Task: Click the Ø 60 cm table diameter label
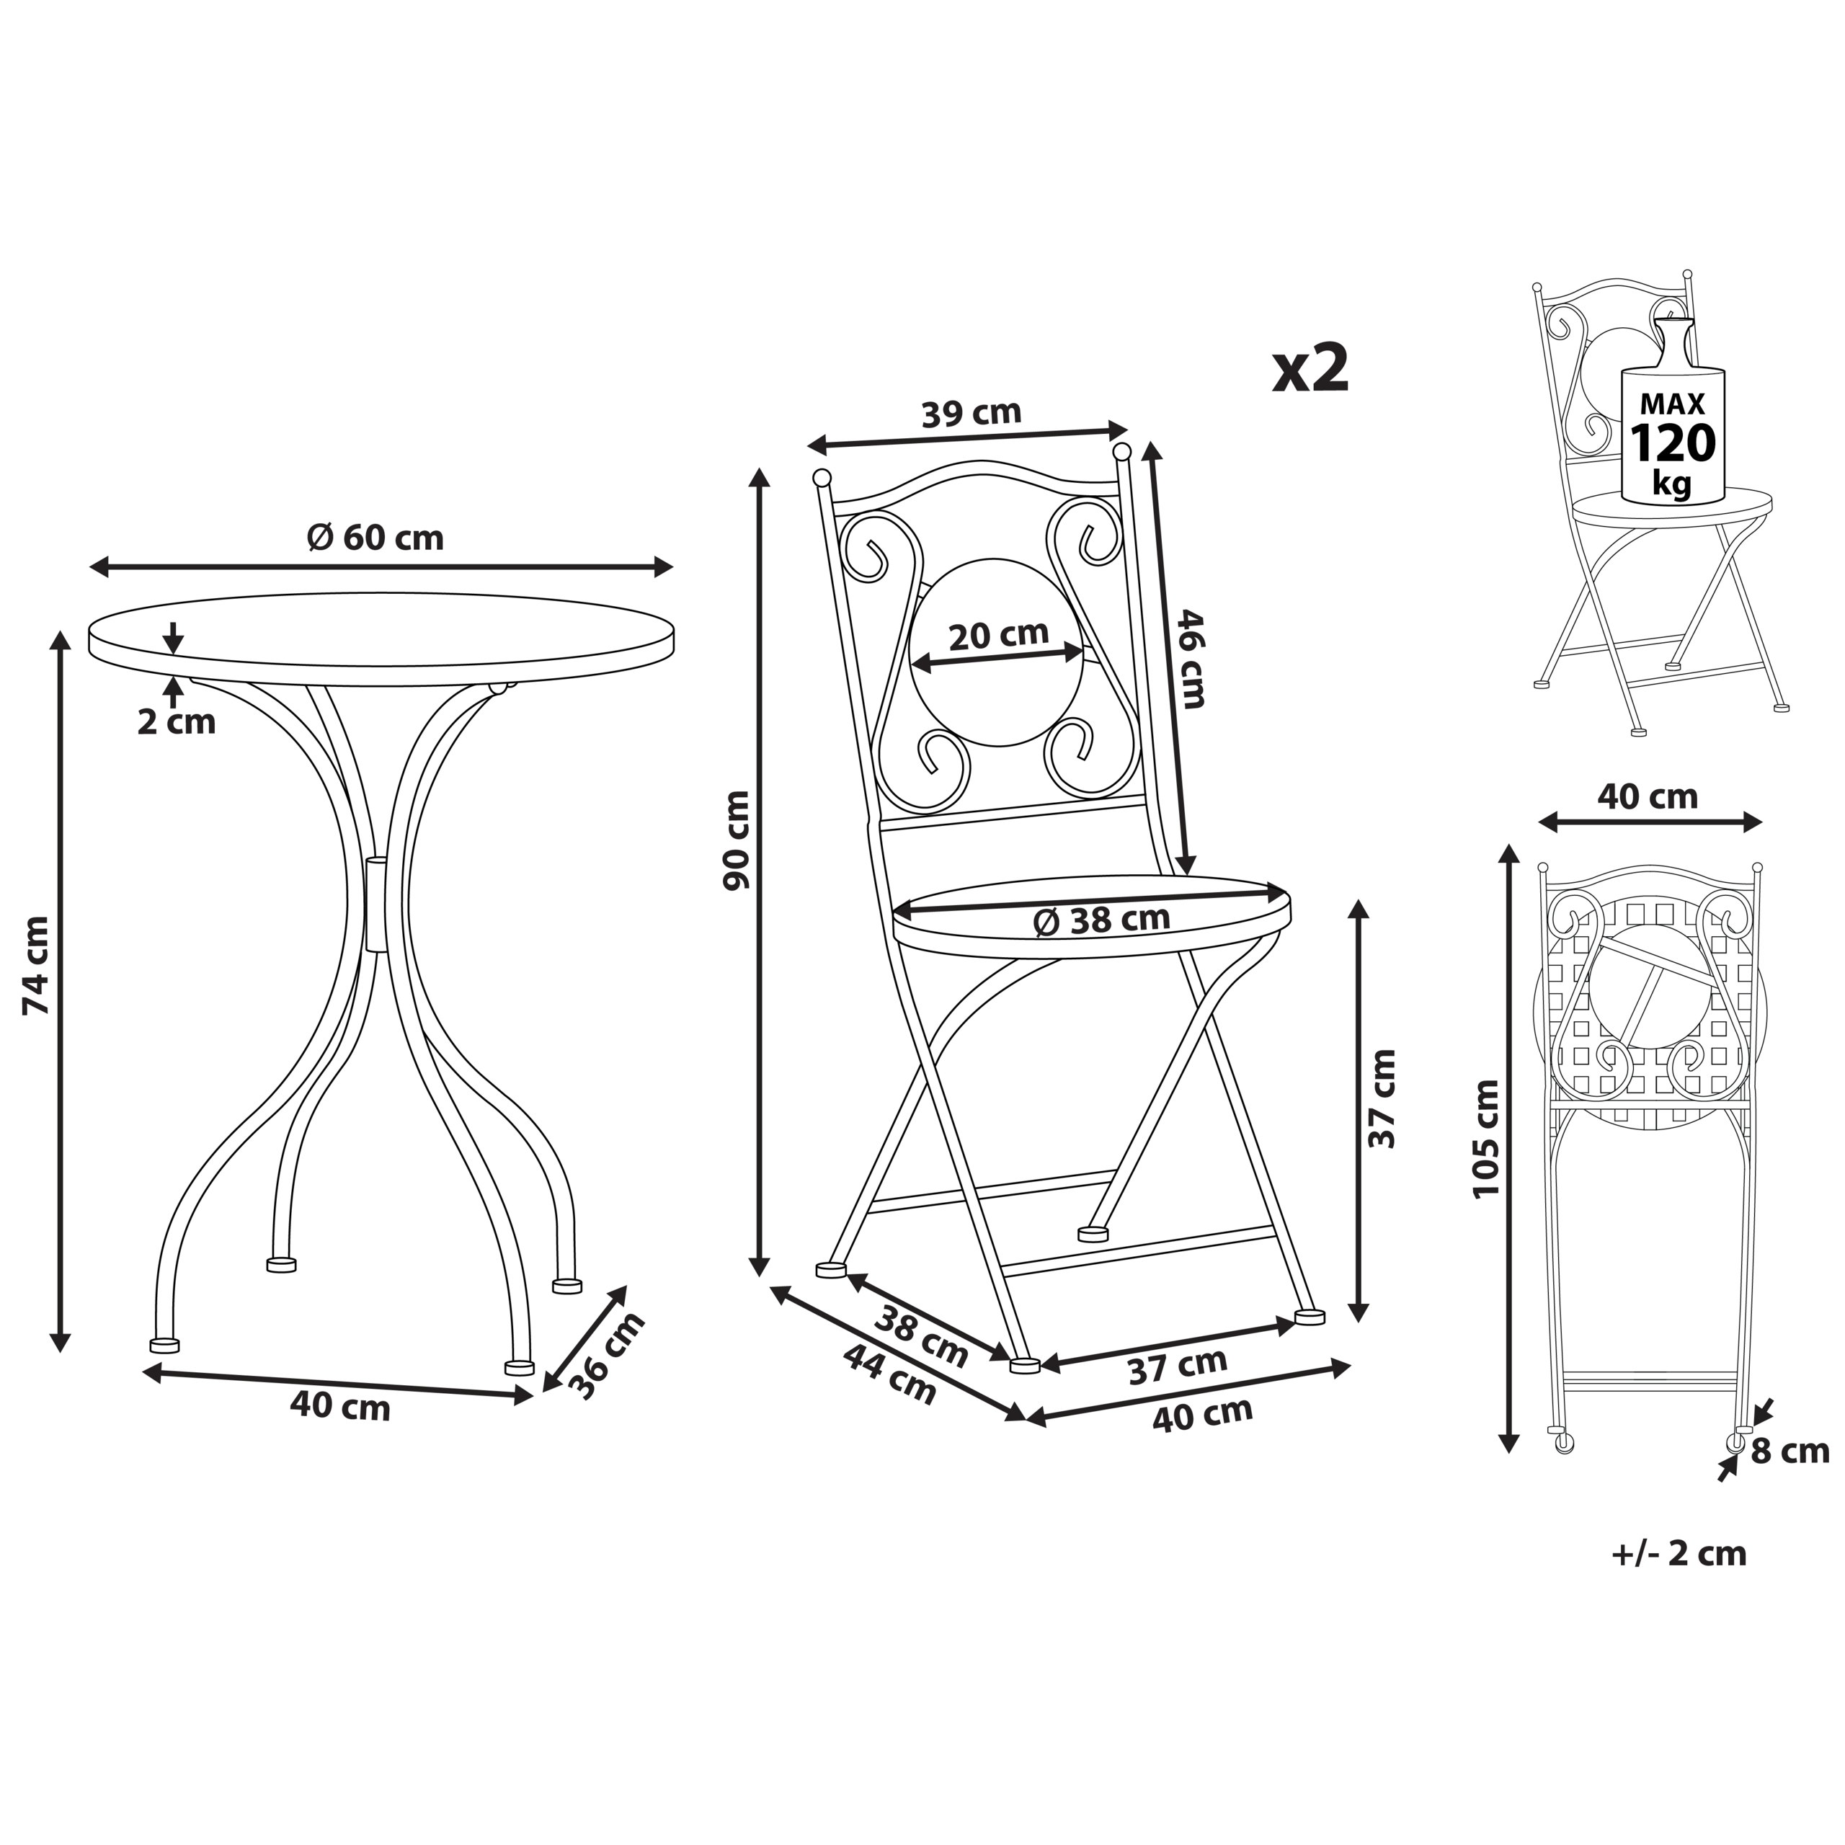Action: coord(375,538)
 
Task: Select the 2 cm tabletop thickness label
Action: coord(177,722)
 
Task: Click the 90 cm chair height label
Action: coord(737,840)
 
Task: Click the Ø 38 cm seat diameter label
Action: coord(1101,920)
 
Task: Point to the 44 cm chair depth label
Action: coord(890,1375)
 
